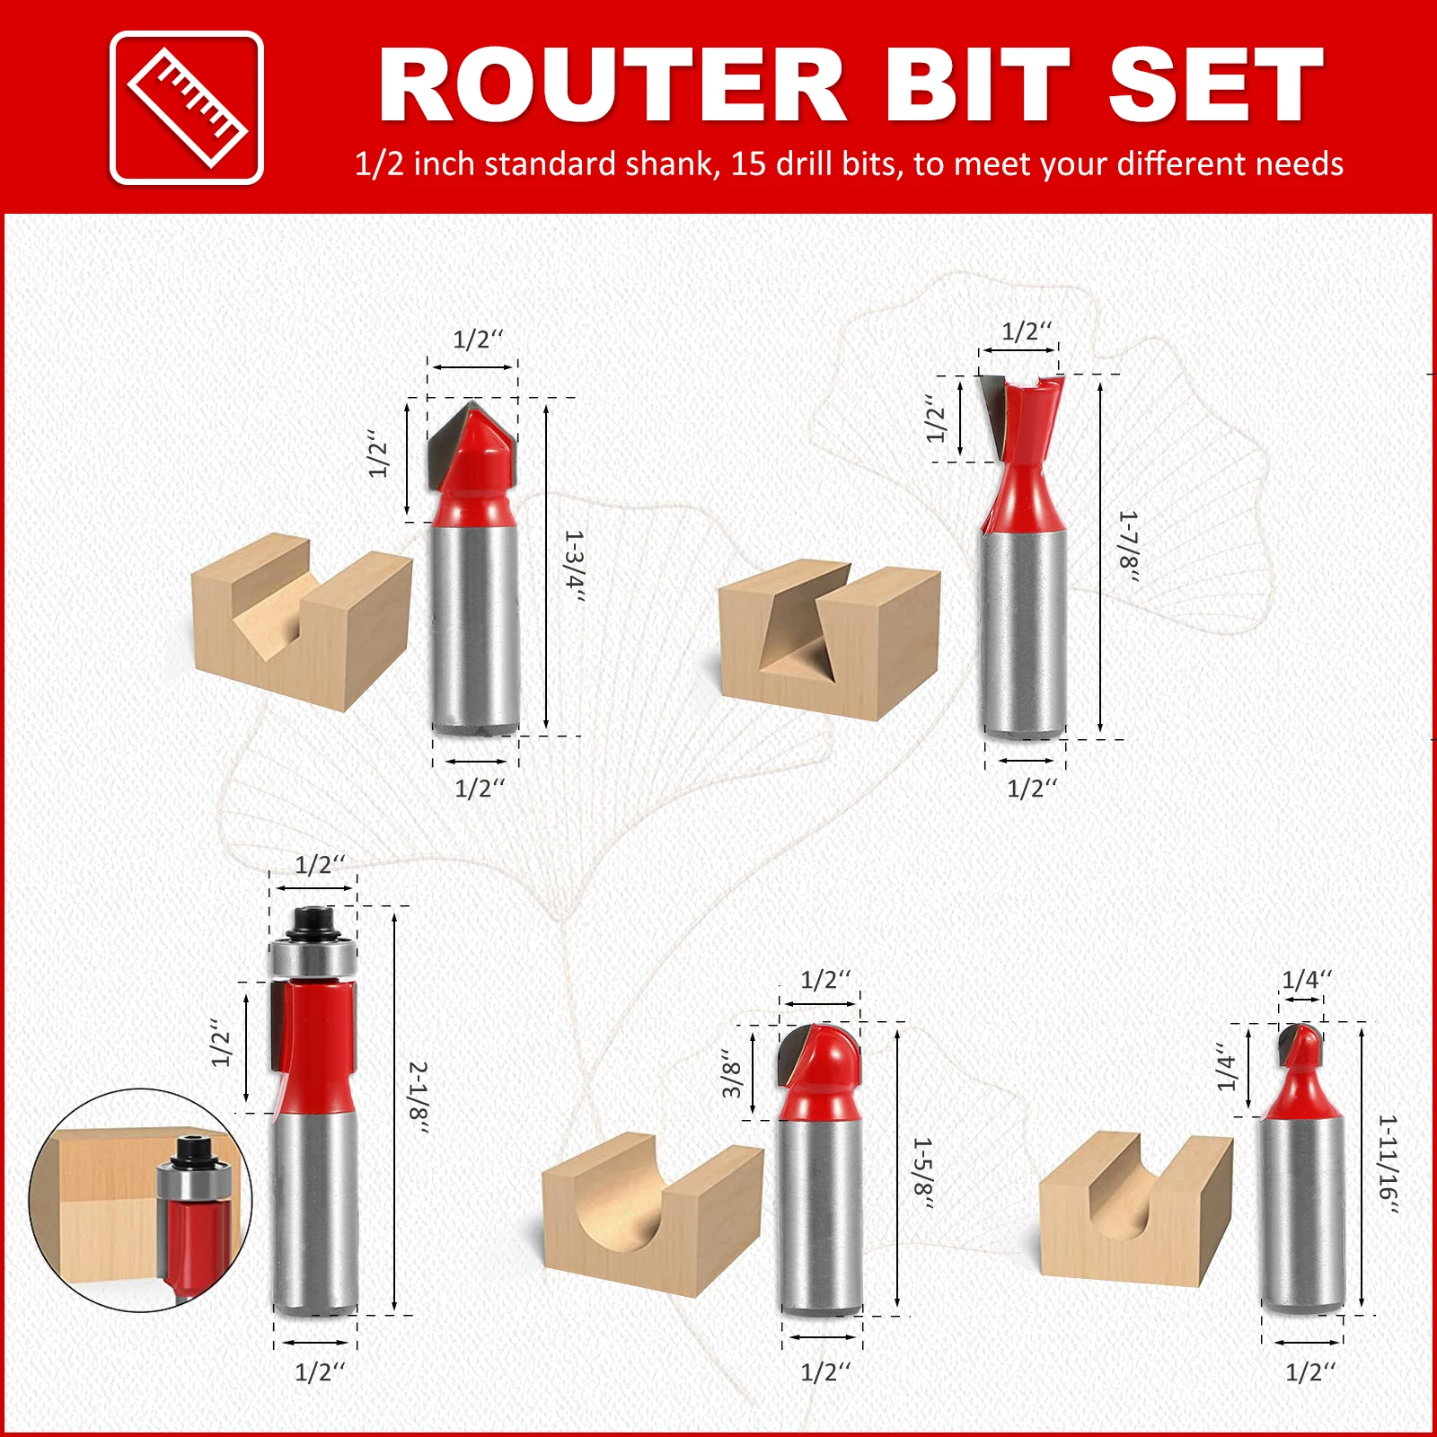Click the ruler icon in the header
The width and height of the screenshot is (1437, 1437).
tap(187, 108)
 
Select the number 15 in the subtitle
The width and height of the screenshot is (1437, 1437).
tap(747, 163)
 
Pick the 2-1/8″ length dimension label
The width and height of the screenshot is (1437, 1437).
tap(419, 1097)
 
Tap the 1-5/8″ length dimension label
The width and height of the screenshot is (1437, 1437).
tap(922, 1172)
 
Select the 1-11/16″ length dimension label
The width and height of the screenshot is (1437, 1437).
tap(1388, 1163)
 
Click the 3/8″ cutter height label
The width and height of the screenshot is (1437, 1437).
tap(733, 1073)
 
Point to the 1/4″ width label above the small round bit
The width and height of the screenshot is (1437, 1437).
tap(1307, 980)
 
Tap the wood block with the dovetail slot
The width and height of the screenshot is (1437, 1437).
tap(829, 639)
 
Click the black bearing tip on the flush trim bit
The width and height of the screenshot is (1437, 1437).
tap(313, 922)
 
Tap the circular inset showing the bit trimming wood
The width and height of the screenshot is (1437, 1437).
tap(141, 1200)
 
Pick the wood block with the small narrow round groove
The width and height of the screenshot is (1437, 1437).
tap(1136, 1209)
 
